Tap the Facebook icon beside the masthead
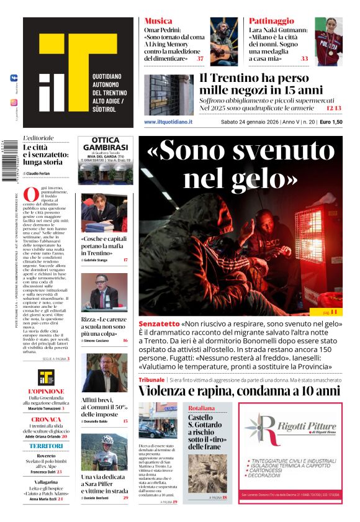coord(14,78)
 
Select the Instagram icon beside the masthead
coord(14,102)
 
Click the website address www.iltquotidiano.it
coord(168,122)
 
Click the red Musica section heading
coord(158,21)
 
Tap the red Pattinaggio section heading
coord(271,21)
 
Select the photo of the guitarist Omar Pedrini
coord(223,41)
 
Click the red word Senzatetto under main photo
coord(159,324)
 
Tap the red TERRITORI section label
coord(46,446)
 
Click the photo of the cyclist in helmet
coord(104,452)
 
